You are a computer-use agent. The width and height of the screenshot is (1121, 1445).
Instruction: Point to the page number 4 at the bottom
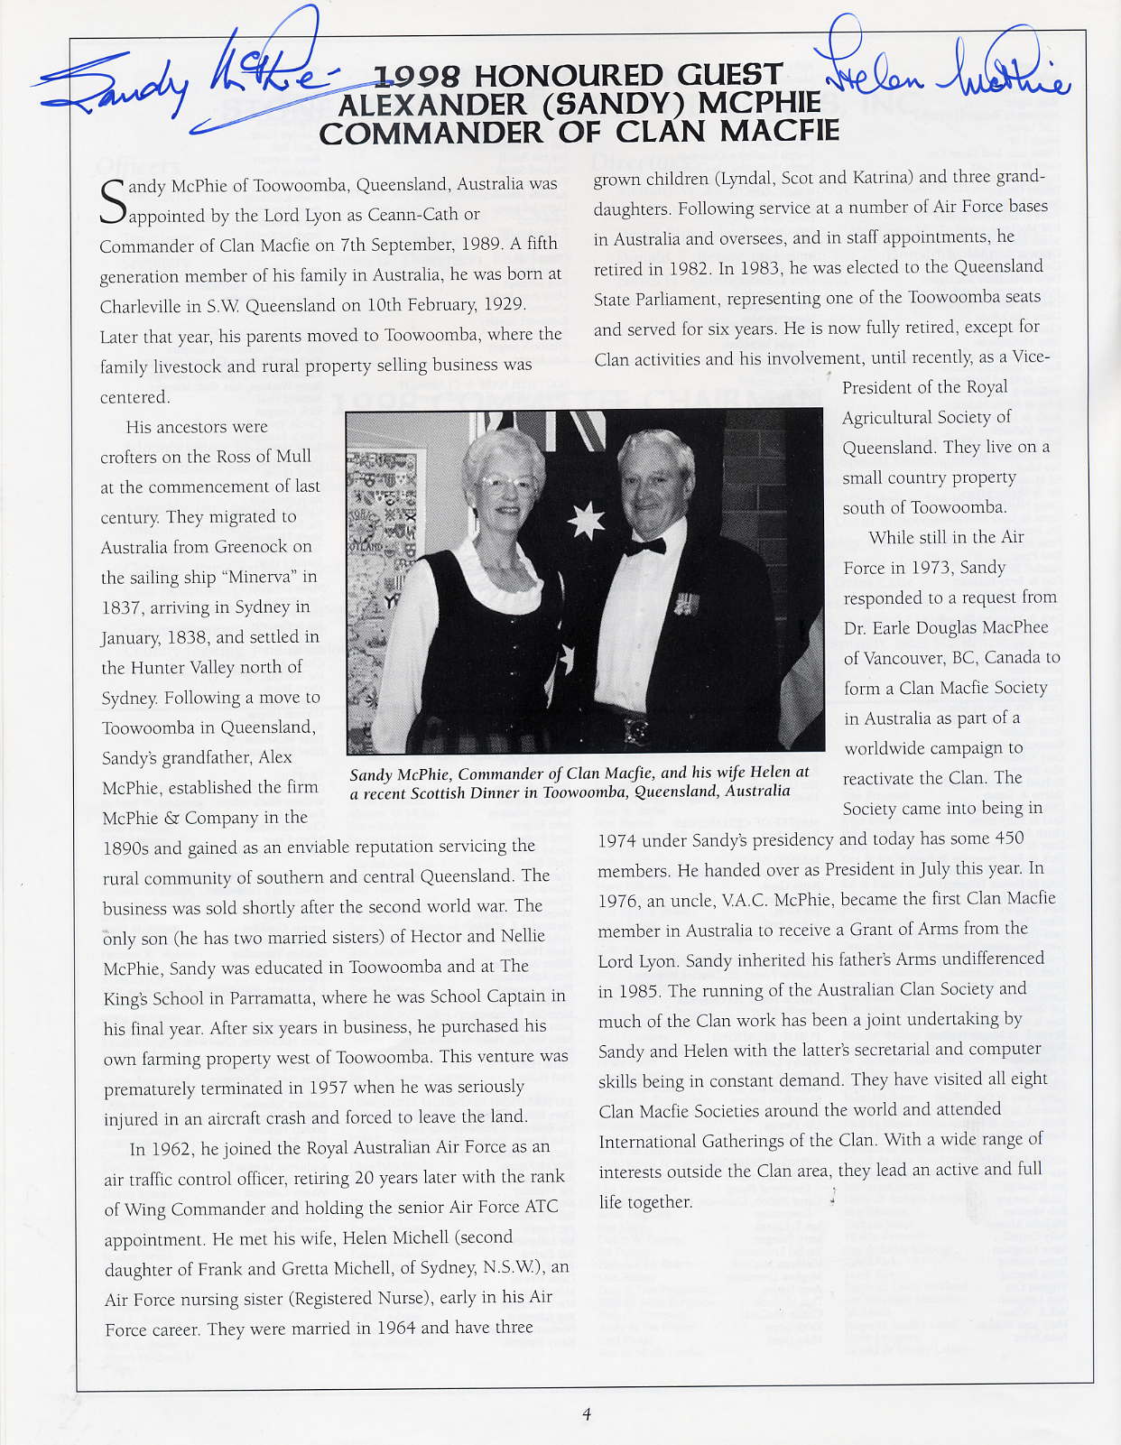(587, 1414)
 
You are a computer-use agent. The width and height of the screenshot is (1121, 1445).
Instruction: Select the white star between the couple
(585, 523)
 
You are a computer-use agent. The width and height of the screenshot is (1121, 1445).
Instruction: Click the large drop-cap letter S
(112, 201)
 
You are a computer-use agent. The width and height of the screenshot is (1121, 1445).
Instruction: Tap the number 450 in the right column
(1008, 838)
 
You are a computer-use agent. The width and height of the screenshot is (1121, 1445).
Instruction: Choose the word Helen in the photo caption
(765, 773)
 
